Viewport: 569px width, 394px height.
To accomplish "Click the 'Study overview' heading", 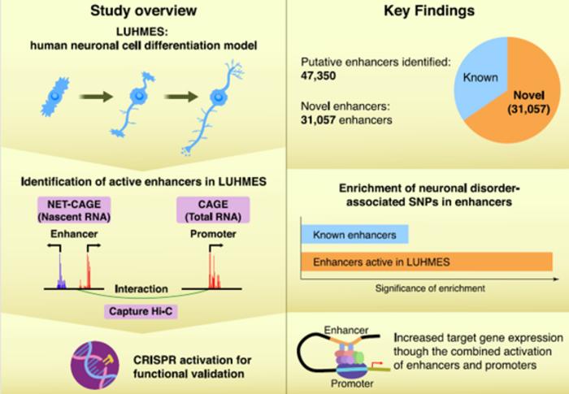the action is coord(143,11).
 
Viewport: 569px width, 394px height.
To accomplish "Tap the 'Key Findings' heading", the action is coord(429,11).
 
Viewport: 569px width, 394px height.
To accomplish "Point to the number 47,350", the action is coord(319,76).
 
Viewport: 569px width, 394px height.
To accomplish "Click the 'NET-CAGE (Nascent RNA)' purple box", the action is coord(74,210).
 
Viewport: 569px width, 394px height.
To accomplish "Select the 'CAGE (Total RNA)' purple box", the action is coord(213,210).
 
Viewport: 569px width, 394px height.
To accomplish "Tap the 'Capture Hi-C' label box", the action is coord(141,311).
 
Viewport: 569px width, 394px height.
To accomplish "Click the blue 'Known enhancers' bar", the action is coord(354,235).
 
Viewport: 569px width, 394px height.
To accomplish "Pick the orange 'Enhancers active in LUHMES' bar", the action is coord(427,262).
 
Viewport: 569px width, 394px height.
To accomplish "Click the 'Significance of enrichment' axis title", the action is coord(430,288).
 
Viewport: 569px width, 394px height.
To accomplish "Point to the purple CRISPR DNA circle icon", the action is coord(95,365).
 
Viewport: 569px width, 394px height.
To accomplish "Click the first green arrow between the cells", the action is coord(96,97).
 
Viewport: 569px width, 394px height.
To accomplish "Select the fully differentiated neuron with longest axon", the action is coord(212,109).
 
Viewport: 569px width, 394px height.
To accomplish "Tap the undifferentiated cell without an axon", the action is coord(54,96).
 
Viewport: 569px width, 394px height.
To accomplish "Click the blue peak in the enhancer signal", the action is coord(61,271).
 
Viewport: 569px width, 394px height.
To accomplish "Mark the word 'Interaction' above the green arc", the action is coord(141,288).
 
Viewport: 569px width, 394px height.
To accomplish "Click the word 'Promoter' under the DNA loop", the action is coord(352,383).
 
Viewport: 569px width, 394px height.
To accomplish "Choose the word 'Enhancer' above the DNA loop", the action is coord(345,330).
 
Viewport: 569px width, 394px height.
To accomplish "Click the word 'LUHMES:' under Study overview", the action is coord(142,32).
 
